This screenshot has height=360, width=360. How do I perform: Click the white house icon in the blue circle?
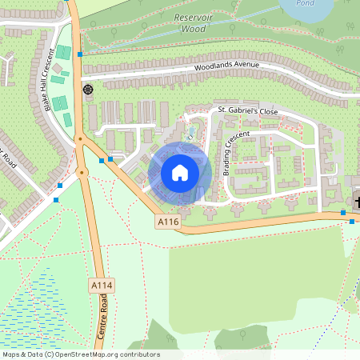[179, 172]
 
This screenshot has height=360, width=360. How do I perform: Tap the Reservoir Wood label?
[183, 22]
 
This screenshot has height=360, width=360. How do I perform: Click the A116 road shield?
[167, 222]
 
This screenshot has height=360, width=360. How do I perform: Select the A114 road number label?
[100, 285]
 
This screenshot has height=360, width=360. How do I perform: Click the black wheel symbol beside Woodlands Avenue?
[87, 89]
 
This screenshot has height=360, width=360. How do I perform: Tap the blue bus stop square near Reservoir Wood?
[80, 54]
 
